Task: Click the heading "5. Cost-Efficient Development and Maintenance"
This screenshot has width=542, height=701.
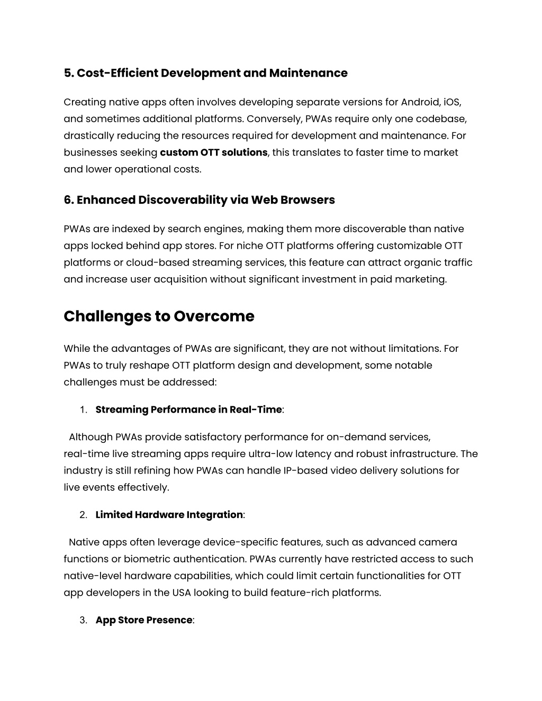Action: point(205,73)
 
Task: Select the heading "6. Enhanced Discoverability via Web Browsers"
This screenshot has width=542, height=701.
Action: point(199,200)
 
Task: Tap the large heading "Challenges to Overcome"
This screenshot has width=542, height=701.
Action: point(159,316)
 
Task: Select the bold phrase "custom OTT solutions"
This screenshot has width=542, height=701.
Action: point(213,152)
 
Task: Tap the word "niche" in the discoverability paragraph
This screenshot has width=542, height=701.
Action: point(249,246)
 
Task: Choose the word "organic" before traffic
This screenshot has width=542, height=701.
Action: point(423,263)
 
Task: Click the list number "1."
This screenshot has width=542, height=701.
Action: point(83,410)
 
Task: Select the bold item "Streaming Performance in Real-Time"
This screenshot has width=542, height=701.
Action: point(188,409)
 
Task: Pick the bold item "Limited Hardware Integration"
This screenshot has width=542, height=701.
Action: point(169,515)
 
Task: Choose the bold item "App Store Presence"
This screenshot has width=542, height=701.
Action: point(143,620)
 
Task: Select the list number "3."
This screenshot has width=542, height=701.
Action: point(83,621)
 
